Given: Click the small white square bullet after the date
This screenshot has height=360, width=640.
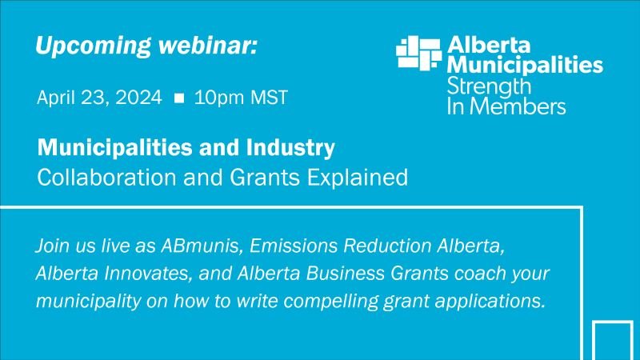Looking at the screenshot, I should (179, 99).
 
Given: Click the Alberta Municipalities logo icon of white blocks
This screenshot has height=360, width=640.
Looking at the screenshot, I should (418, 52).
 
